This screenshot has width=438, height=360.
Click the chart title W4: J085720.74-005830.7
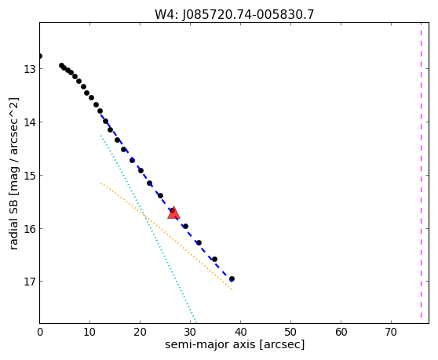click(x=235, y=15)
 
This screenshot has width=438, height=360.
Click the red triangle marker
click(x=173, y=213)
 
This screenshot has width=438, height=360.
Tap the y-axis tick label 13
click(x=30, y=69)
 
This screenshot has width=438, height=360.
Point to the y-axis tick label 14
click(x=30, y=122)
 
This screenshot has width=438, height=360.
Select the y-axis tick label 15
click(x=30, y=175)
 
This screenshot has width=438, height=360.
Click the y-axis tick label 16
click(x=30, y=228)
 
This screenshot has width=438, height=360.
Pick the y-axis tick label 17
click(x=30, y=282)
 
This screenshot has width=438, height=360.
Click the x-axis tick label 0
click(x=40, y=332)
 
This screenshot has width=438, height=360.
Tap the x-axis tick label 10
click(x=89, y=332)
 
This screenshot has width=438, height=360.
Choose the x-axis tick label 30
click(x=190, y=332)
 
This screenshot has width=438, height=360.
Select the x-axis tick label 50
click(x=290, y=332)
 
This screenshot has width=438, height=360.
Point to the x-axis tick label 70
click(x=391, y=332)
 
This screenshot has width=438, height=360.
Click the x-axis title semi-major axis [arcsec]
click(x=235, y=344)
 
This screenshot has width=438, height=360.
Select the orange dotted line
click(x=166, y=236)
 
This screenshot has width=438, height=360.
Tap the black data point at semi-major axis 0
click(x=40, y=56)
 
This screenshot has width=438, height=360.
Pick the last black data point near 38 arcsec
click(x=232, y=278)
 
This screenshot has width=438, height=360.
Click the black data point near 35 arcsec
click(x=214, y=260)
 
